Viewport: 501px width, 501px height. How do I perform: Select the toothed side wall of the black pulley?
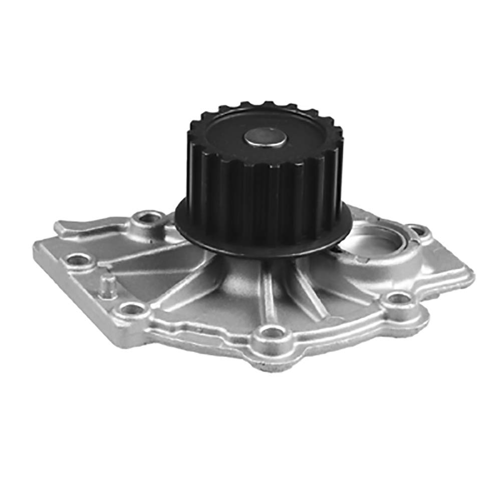(261, 195)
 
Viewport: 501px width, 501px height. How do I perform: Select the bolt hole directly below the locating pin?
(130, 309)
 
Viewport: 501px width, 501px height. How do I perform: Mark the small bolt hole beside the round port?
(415, 231)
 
